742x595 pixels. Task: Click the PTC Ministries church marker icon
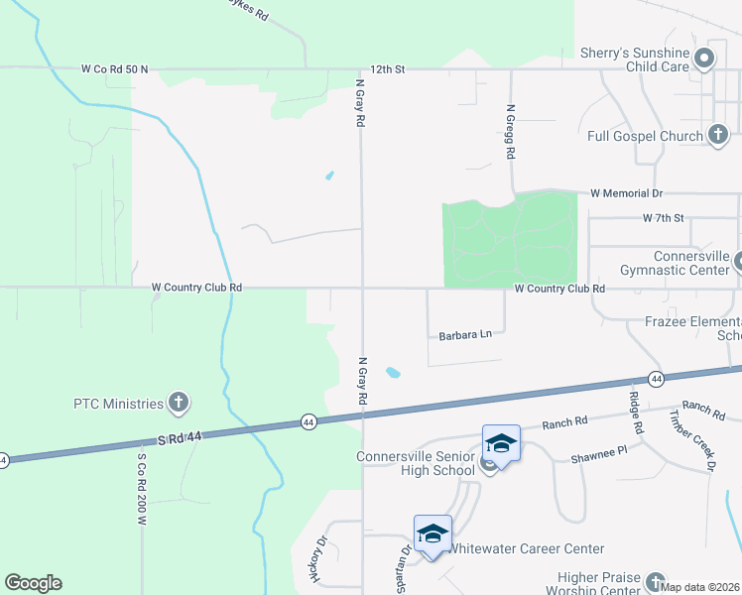click(x=179, y=403)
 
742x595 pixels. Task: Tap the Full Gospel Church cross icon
click(x=718, y=133)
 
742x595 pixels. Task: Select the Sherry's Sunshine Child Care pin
click(x=704, y=59)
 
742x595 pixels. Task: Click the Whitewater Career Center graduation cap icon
click(x=433, y=534)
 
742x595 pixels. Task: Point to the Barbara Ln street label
click(x=465, y=335)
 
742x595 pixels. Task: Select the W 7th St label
click(x=665, y=216)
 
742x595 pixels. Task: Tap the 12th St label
click(x=389, y=69)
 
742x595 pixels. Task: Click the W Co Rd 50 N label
click(x=115, y=69)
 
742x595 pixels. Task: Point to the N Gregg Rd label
click(x=511, y=132)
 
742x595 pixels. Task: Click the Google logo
click(x=33, y=583)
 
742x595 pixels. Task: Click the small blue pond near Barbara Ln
click(x=394, y=374)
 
